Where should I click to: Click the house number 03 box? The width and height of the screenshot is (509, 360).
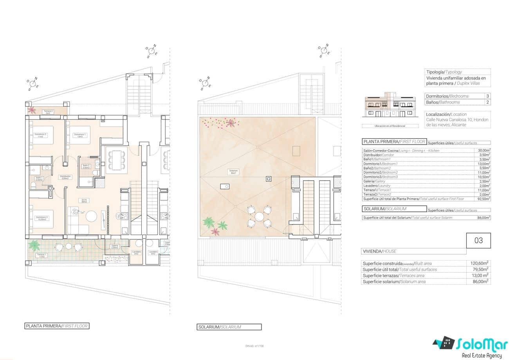click(478, 241)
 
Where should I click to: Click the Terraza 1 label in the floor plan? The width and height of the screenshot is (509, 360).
click(42, 255)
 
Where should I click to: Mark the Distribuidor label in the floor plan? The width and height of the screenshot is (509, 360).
click(65, 177)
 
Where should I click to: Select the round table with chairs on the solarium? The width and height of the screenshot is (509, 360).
click(259, 216)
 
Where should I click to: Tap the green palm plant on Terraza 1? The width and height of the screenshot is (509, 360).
click(35, 246)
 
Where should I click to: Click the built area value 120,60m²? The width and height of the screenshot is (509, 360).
click(479, 263)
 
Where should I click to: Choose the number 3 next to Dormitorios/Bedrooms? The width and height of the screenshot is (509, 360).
click(487, 96)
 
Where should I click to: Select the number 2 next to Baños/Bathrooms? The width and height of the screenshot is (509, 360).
click(487, 102)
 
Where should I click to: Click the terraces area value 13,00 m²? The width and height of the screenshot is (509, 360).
click(479, 275)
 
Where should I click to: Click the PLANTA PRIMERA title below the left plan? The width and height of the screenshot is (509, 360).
click(57, 326)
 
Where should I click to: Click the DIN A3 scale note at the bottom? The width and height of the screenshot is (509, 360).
click(254, 346)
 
